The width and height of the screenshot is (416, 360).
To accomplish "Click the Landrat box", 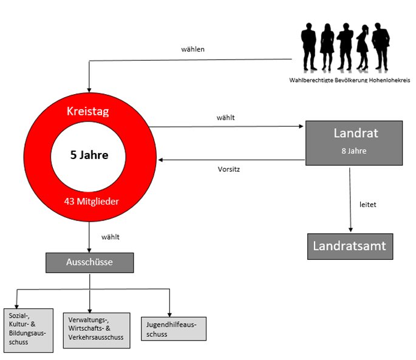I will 353,143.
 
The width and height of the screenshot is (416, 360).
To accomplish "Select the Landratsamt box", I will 349,246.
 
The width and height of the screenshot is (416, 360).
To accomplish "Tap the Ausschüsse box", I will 89,262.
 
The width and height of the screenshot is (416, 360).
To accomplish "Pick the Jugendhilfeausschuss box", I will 173,328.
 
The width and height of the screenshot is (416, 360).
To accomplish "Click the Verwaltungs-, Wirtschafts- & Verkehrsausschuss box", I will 96,330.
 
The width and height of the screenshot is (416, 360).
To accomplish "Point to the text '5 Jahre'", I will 89,155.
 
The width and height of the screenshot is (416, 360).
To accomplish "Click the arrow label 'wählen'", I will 193,49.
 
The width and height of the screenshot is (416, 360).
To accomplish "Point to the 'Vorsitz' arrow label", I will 229,169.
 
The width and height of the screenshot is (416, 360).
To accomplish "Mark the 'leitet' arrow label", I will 368,205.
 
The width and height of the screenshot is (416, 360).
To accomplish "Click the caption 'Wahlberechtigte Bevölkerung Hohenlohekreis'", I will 350,80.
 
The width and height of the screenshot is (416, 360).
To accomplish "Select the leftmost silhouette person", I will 309,47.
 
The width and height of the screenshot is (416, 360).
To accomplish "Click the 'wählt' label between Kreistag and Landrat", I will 225,117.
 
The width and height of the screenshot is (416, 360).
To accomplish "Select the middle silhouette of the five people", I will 345,47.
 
